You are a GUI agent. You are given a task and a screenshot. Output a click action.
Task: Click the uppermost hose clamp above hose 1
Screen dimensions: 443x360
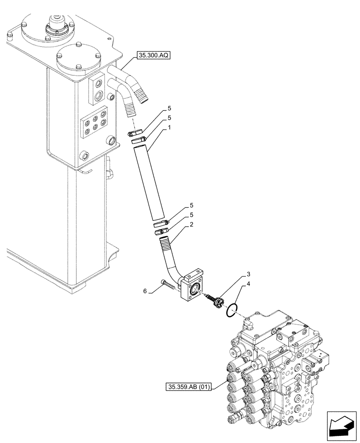(134, 132)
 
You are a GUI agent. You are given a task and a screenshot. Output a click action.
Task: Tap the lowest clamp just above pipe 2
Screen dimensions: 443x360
(161, 230)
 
